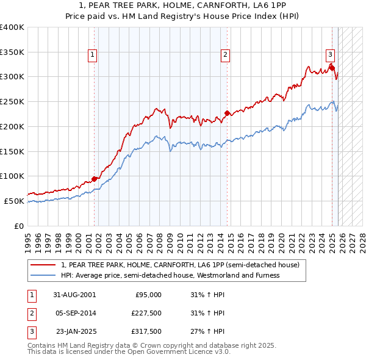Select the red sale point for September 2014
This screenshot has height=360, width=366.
click(x=227, y=113)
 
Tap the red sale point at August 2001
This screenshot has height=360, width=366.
click(x=95, y=179)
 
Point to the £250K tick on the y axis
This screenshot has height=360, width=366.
click(x=13, y=101)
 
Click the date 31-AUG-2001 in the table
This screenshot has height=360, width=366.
click(x=76, y=295)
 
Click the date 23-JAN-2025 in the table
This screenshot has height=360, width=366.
click(x=76, y=332)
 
